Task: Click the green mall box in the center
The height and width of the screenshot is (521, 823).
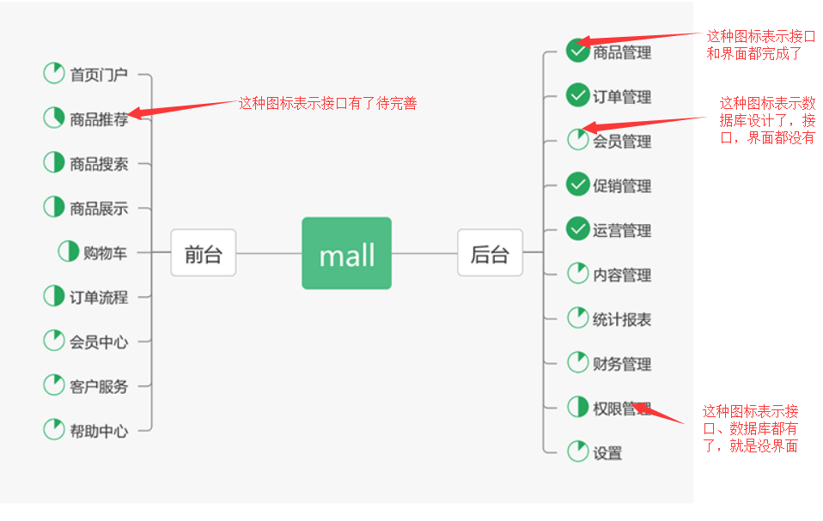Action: pyautogui.click(x=346, y=253)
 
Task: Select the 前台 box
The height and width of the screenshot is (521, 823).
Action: pyautogui.click(x=203, y=253)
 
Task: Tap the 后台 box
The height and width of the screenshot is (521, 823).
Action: pyautogui.click(x=490, y=253)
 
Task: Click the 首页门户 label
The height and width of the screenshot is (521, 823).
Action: pyautogui.click(x=99, y=75)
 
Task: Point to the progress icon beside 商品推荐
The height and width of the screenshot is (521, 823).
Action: pyautogui.click(x=54, y=118)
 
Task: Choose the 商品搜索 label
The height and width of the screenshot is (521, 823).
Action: pyautogui.click(x=99, y=164)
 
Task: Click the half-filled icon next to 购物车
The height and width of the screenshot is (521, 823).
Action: pyautogui.click(x=68, y=251)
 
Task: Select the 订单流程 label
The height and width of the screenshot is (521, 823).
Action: pyautogui.click(x=99, y=298)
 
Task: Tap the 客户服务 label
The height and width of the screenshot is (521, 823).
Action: pyautogui.click(x=99, y=386)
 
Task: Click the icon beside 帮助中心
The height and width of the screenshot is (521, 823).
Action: pyautogui.click(x=54, y=429)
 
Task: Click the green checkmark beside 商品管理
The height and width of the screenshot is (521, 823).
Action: pyautogui.click(x=577, y=51)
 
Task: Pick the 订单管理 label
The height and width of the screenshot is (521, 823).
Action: pyautogui.click(x=622, y=97)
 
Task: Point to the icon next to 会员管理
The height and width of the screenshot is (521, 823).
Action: pyautogui.click(x=577, y=140)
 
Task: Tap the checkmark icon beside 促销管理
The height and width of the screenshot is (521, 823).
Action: pyautogui.click(x=577, y=185)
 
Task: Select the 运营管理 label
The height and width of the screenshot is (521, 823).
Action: pyautogui.click(x=622, y=231)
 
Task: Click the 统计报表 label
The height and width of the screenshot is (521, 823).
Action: pyautogui.click(x=622, y=320)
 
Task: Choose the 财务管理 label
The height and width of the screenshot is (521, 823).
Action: pyautogui.click(x=622, y=365)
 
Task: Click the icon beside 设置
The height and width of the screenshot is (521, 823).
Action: pyautogui.click(x=577, y=451)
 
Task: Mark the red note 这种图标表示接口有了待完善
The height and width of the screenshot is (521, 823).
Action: pyautogui.click(x=327, y=104)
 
